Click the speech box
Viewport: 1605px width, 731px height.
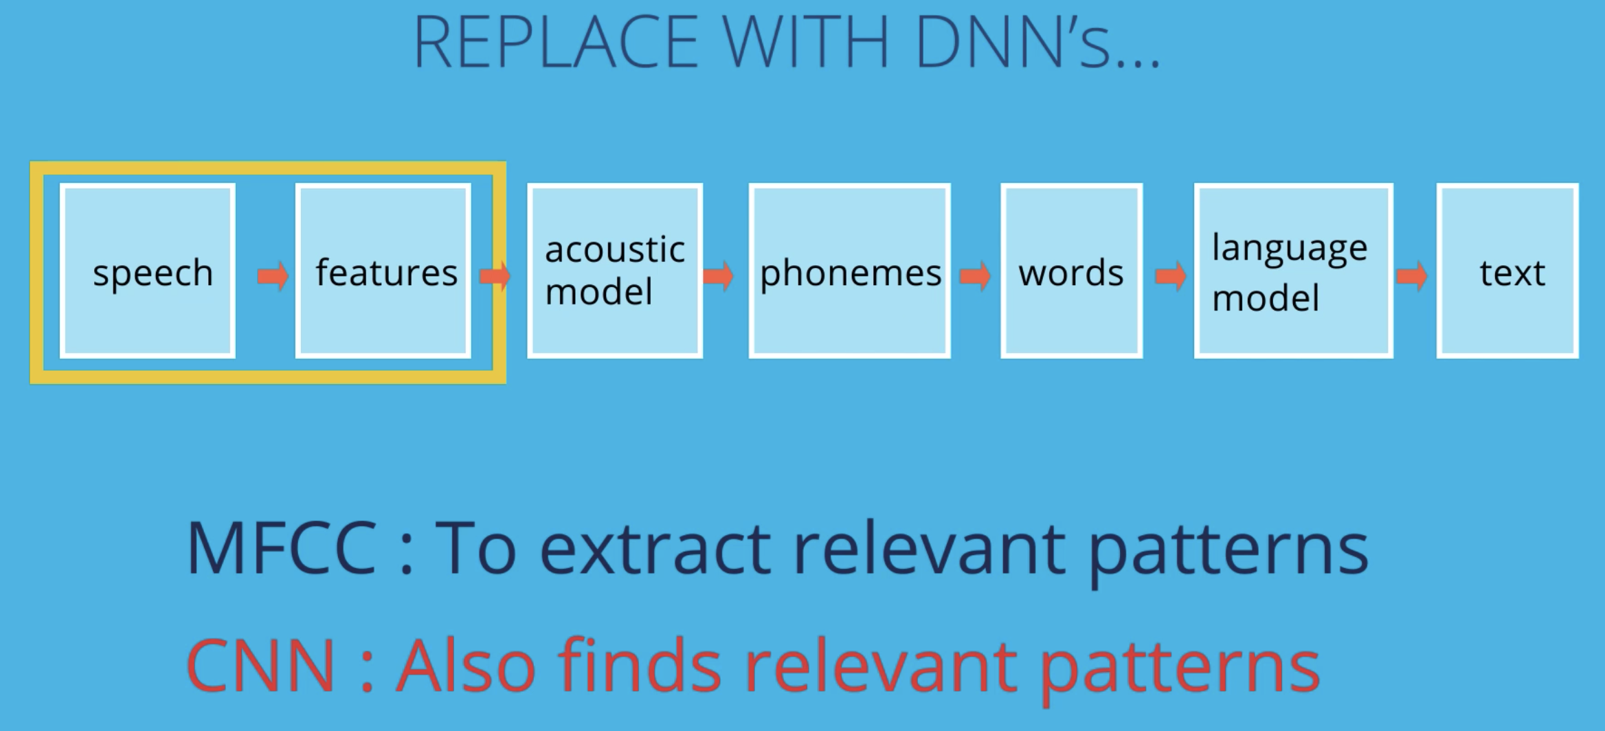point(148,271)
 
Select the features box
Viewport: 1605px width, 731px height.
point(383,271)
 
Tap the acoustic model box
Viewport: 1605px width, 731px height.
point(615,271)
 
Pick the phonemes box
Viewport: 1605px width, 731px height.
point(850,271)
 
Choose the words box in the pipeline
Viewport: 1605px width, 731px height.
point(1071,271)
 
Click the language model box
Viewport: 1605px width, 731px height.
point(1294,271)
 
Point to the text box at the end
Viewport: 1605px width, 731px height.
point(1507,271)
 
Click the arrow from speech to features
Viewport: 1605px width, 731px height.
point(273,276)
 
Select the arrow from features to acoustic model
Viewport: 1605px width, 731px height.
point(495,276)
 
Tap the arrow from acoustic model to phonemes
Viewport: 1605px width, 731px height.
point(719,276)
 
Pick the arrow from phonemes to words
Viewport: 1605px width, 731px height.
point(975,276)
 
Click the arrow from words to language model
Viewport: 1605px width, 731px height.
point(1171,276)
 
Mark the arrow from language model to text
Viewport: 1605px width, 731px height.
point(1412,276)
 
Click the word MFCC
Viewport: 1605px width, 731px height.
point(282,549)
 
